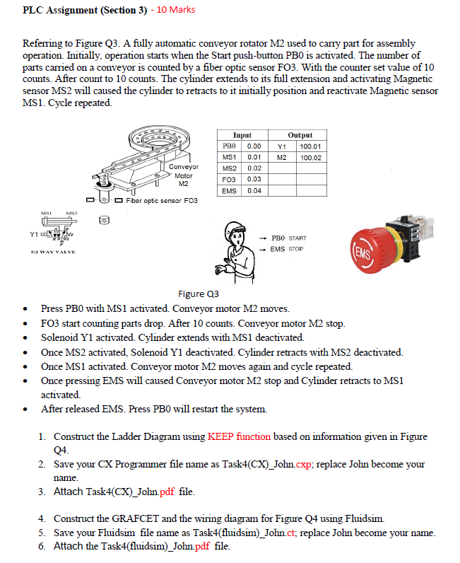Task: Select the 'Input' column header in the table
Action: pyautogui.click(x=242, y=135)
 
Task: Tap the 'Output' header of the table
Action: pyautogui.click(x=300, y=135)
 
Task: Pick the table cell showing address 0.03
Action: pyautogui.click(x=254, y=179)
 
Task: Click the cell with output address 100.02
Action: pyautogui.click(x=311, y=158)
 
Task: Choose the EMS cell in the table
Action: pyautogui.click(x=229, y=191)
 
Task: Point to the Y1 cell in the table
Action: pyautogui.click(x=282, y=146)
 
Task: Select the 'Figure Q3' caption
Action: pyautogui.click(x=199, y=294)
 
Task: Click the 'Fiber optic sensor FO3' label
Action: pyautogui.click(x=162, y=201)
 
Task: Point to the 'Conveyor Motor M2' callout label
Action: pyautogui.click(x=183, y=175)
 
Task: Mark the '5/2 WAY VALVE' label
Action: pyautogui.click(x=53, y=252)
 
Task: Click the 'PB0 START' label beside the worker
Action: pyautogui.click(x=289, y=238)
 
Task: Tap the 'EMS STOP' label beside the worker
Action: pyautogui.click(x=287, y=249)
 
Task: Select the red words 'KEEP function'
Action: pyautogui.click(x=239, y=436)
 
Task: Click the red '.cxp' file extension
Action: pyautogui.click(x=303, y=464)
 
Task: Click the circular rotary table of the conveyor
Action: pyautogui.click(x=159, y=139)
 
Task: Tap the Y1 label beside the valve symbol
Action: pyautogui.click(x=34, y=234)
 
